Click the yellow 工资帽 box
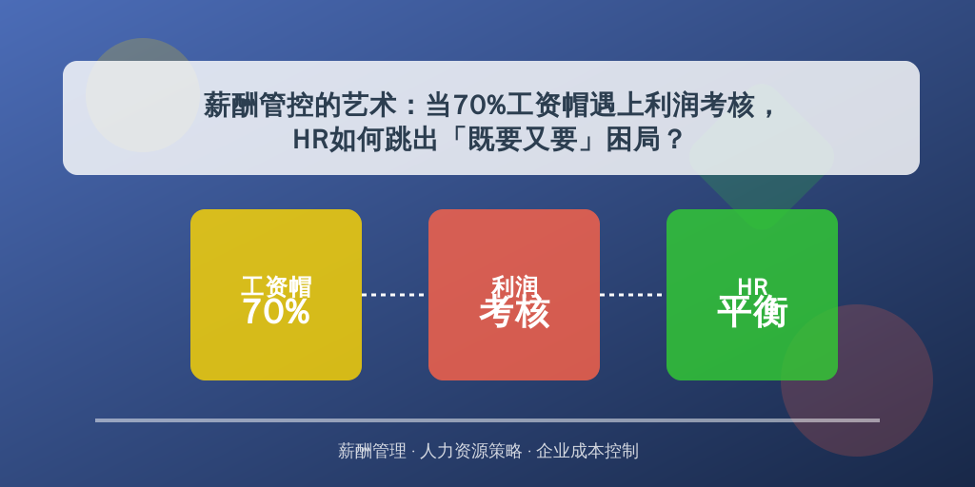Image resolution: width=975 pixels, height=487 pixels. [x=276, y=295]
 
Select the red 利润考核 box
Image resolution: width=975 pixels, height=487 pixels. [x=514, y=295]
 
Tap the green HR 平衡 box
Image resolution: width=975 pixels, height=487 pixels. [x=752, y=295]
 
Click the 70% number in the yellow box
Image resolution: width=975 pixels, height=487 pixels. [x=276, y=311]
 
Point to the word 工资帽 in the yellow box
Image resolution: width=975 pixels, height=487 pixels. [x=276, y=286]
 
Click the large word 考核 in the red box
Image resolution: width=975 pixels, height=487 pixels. [x=514, y=311]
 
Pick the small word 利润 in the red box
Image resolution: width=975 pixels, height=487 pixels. [x=514, y=285]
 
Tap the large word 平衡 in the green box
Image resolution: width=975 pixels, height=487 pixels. [x=752, y=311]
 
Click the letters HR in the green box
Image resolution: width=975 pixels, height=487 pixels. [x=752, y=286]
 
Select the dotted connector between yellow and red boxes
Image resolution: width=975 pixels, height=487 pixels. [x=395, y=295]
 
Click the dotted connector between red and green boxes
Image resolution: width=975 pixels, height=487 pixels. [x=633, y=295]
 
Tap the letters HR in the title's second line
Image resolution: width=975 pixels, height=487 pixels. [x=310, y=139]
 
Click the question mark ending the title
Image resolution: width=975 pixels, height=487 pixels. [x=673, y=139]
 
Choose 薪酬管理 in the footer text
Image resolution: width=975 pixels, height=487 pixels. [x=372, y=451]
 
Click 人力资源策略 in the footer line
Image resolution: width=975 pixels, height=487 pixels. [x=470, y=451]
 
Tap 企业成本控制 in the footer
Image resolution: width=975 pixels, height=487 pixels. [x=587, y=451]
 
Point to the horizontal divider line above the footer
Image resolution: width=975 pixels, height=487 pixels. [x=487, y=420]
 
